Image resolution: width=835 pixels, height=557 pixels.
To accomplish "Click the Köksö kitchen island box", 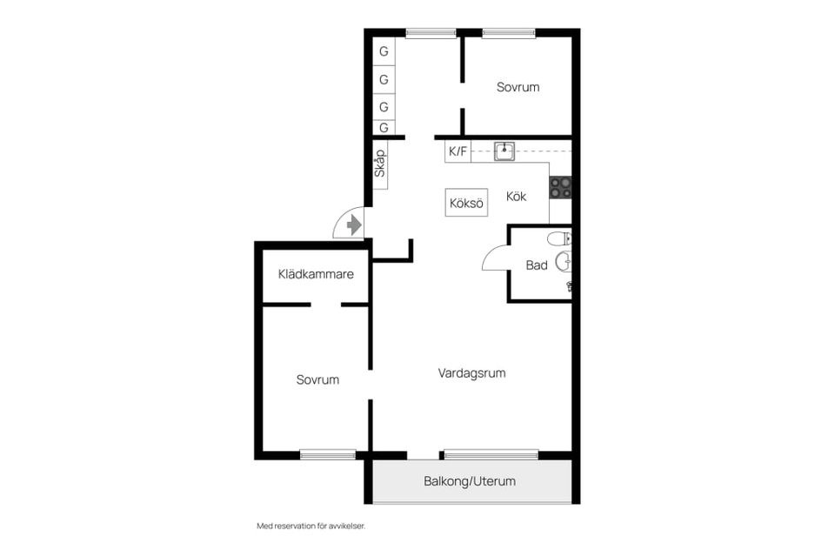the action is pos(466,203).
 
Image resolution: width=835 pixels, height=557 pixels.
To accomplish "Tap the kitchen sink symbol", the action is pos(504,151).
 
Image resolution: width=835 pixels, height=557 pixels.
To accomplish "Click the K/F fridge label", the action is pos(458,151).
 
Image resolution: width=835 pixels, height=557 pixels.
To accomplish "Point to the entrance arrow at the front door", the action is pos(354,225).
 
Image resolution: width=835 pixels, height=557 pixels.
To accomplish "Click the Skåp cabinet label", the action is pos(380,164).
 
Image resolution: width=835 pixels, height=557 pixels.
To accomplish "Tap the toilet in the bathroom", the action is pos(559,238).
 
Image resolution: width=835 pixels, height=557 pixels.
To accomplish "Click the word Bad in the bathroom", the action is pos(537,265).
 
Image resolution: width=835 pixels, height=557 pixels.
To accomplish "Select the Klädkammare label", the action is pos(316,274).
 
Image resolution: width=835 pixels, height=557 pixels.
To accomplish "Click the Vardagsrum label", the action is pos(471,373).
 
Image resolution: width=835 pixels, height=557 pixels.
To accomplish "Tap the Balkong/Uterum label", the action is pos(470,481).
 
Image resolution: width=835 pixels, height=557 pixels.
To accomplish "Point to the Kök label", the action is pos(516,196).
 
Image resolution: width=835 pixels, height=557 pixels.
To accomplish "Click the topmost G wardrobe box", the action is pos(384,51).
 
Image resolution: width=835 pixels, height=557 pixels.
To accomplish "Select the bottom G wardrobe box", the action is pos(384,128).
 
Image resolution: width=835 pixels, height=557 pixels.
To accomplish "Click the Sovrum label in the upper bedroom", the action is pos(518,87).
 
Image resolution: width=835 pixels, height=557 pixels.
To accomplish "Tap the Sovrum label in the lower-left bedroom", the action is pos(317,379).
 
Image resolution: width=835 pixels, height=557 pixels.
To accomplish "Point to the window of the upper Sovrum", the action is pos(509,34).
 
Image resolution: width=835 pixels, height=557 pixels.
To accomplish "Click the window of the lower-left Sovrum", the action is pos(328,454).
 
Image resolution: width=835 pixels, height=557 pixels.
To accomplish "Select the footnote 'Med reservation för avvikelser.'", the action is pos(311,526).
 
